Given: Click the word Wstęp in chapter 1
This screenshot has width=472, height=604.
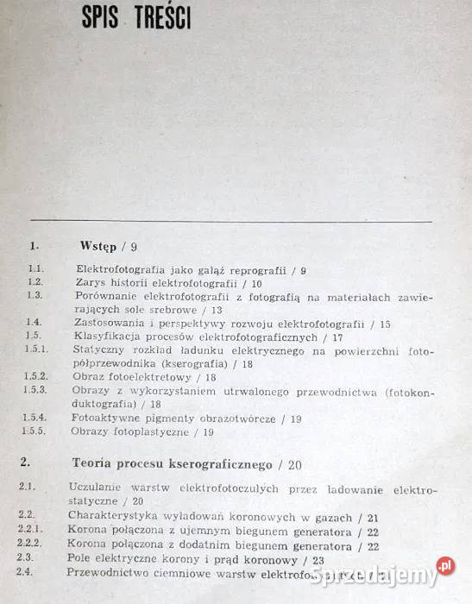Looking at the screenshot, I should [98, 247].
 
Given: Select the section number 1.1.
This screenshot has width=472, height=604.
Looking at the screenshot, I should [35, 270].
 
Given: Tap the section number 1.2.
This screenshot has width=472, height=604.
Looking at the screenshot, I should [35, 282].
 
